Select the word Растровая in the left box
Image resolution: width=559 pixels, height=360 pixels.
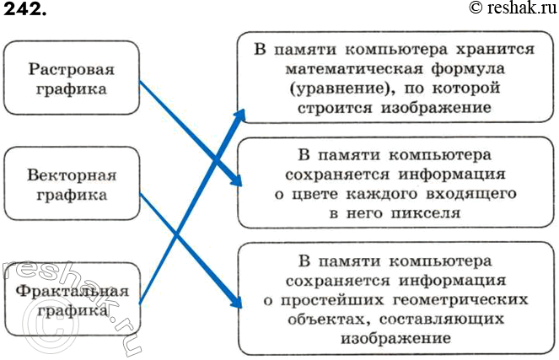(71, 67)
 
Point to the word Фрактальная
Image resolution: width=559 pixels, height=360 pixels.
(71, 292)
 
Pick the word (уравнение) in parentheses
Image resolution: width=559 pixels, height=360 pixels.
(335, 89)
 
